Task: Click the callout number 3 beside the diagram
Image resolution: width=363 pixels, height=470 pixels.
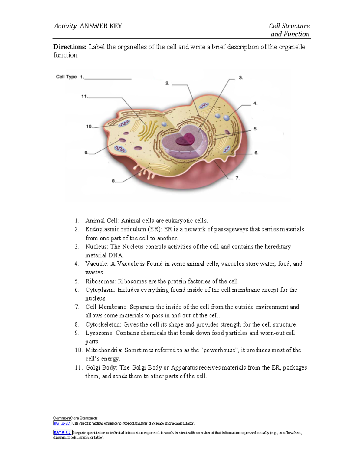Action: (241, 78)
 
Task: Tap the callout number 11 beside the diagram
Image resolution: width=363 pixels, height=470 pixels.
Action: (84, 97)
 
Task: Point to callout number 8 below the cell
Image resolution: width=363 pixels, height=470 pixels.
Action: (114, 181)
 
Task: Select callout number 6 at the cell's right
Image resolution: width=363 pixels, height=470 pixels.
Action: (256, 153)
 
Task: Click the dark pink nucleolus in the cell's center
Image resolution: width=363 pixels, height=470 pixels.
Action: (186, 140)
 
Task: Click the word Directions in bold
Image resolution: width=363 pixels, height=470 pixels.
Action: (70, 47)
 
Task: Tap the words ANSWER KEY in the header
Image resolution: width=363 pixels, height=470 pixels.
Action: (101, 26)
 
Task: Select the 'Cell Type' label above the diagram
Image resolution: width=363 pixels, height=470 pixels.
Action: (66, 77)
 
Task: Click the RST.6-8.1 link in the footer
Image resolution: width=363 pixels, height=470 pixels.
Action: (62, 423)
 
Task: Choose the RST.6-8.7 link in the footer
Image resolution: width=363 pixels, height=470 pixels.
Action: (62, 433)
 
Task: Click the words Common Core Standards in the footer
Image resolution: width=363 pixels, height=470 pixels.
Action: (75, 418)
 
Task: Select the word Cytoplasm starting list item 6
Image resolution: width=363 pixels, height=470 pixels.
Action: (100, 290)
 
